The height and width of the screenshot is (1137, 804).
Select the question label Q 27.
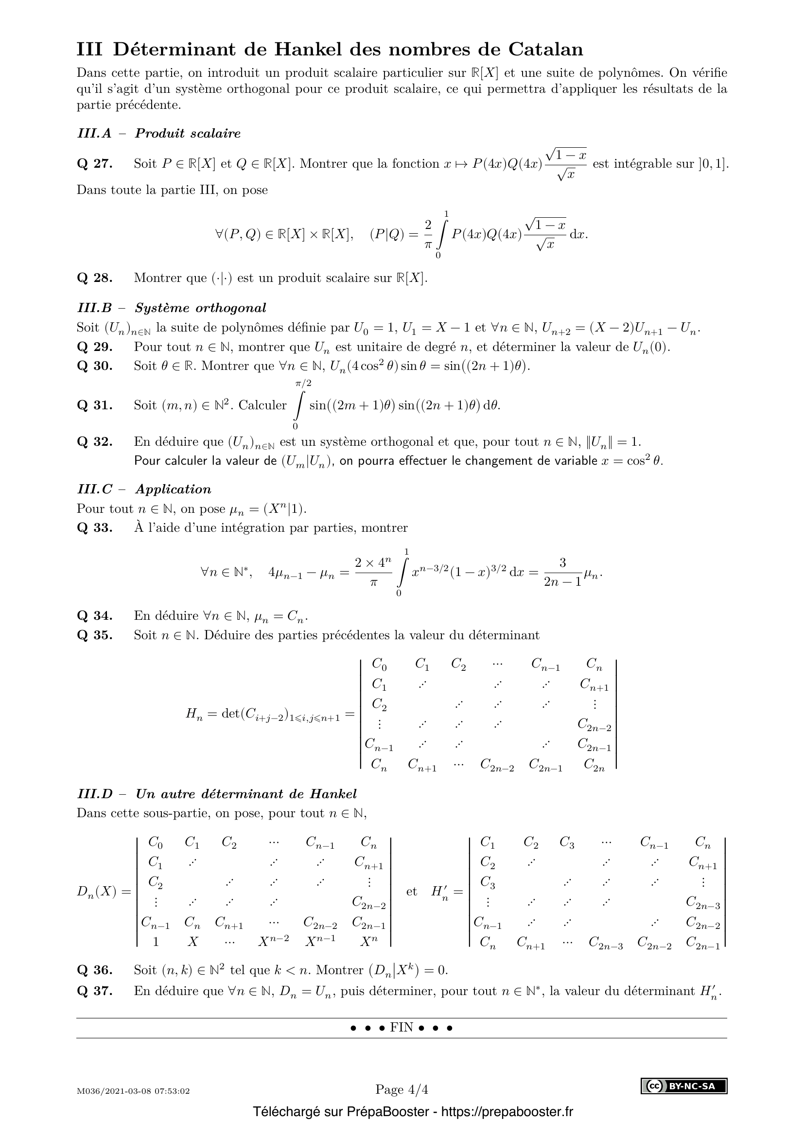click(x=95, y=164)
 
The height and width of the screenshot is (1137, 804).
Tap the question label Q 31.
click(x=95, y=405)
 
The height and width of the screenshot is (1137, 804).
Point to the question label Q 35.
click(x=95, y=635)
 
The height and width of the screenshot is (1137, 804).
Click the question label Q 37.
click(x=95, y=991)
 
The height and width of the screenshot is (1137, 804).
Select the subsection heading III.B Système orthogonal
click(x=172, y=308)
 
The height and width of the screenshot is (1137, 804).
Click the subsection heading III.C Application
click(x=144, y=490)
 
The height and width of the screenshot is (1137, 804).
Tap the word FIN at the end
click(x=402, y=1028)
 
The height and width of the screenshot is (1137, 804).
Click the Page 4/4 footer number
click(x=402, y=1089)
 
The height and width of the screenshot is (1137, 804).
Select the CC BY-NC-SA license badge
click(x=684, y=1086)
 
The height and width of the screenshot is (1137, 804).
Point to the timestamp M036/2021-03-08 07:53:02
click(x=133, y=1091)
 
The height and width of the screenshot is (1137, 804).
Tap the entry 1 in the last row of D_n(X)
click(x=156, y=942)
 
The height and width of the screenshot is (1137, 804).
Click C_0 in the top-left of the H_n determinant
click(x=379, y=664)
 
